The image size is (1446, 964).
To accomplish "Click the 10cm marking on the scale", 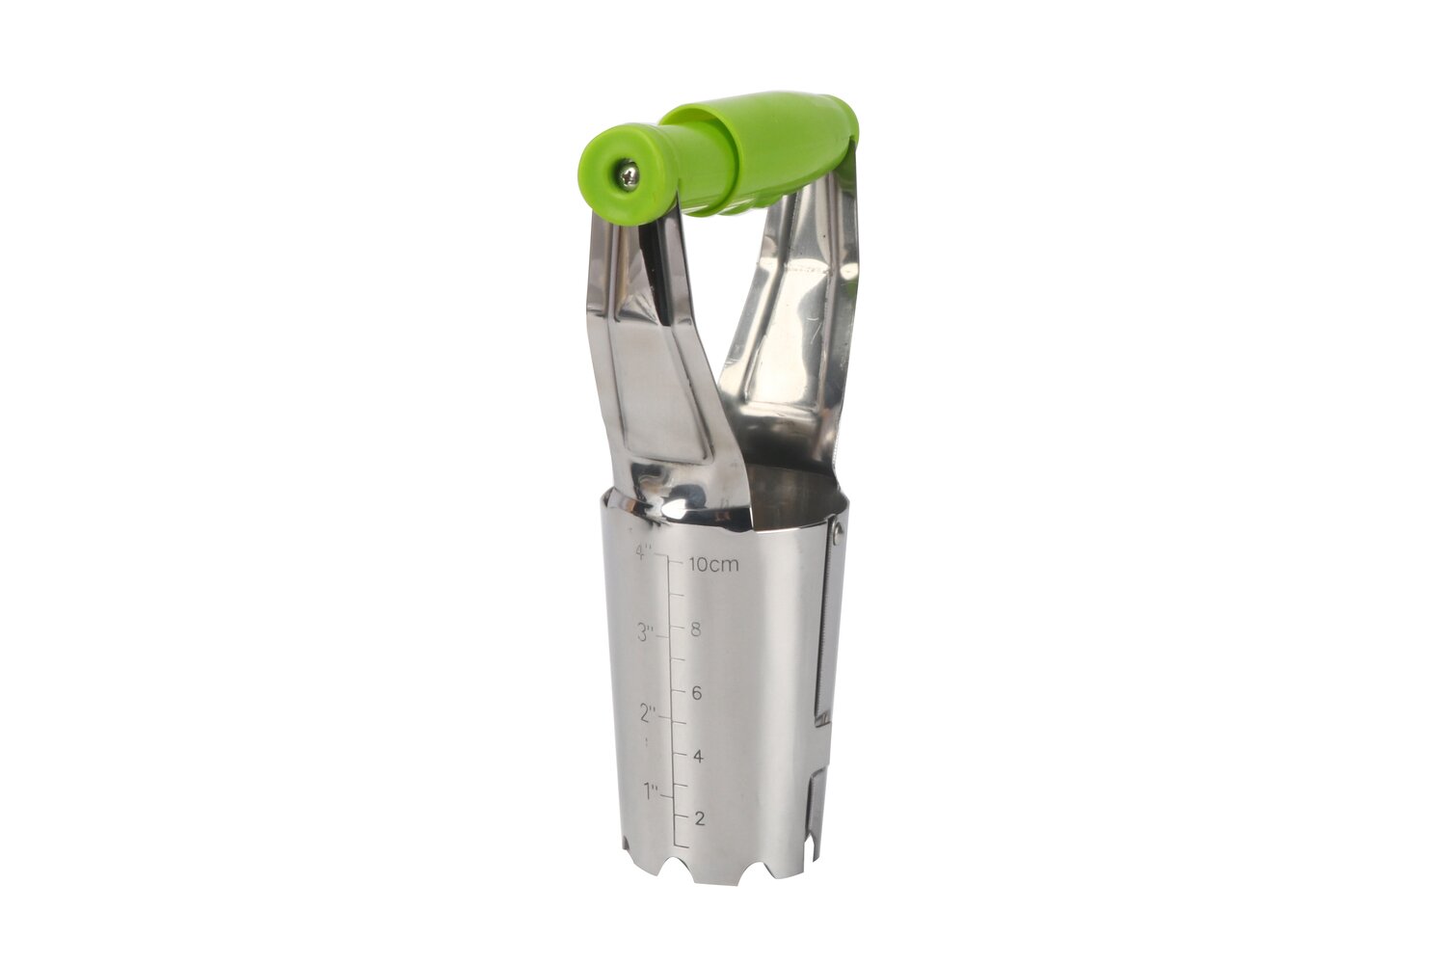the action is coord(713,565).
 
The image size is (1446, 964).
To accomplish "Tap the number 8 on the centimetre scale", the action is coord(695,629).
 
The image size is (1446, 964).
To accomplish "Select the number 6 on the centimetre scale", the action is coord(696,693).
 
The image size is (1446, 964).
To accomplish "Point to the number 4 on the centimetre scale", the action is coord(698,756).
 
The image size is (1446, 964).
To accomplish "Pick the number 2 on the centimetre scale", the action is coord(699,818).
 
